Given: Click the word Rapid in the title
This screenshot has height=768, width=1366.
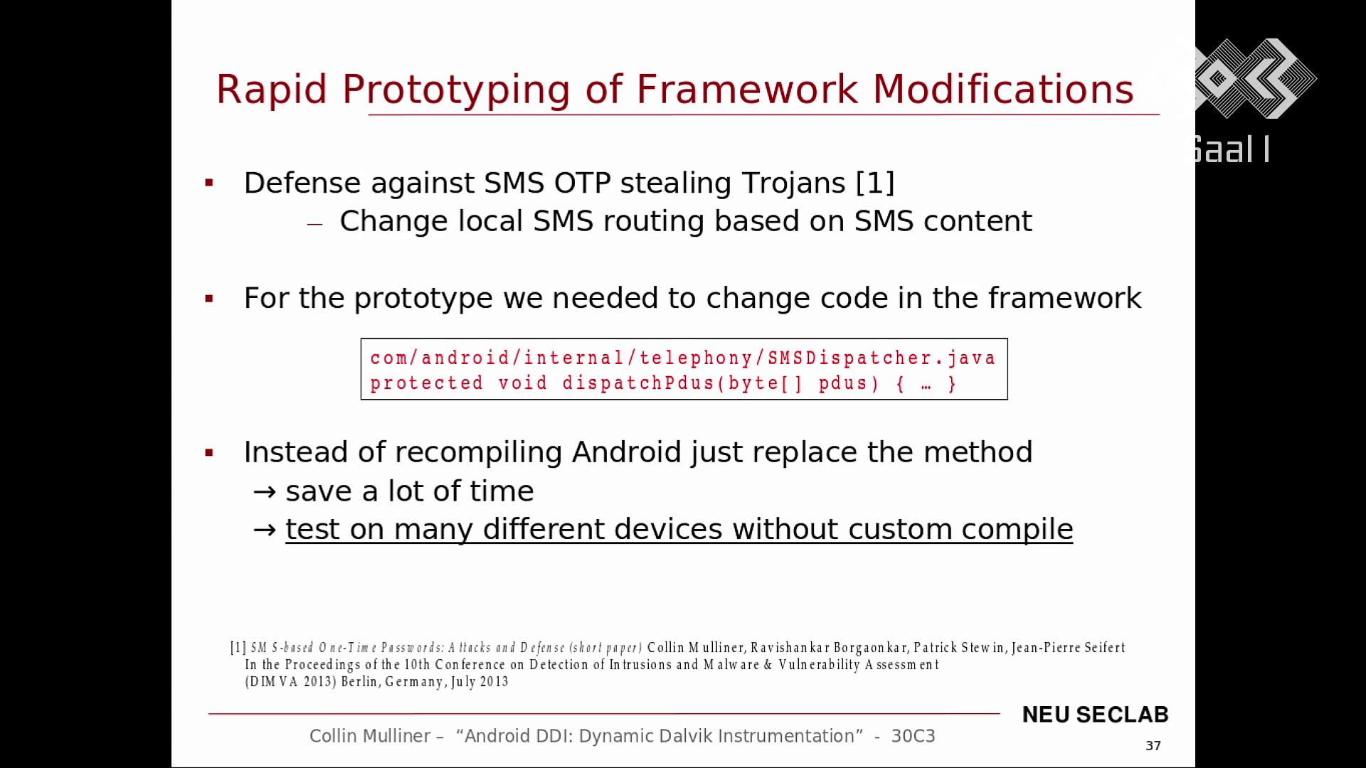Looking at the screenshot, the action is tap(271, 90).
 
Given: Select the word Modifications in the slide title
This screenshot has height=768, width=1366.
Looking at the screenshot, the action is tap(1003, 90).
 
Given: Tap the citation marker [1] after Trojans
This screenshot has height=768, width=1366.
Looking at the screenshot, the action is tap(875, 183).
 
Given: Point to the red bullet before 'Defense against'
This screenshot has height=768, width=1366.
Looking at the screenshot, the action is tap(209, 183).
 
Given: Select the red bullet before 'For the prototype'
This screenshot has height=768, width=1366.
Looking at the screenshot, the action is tap(209, 299).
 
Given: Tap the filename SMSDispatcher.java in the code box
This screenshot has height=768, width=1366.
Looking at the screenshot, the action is tap(881, 358).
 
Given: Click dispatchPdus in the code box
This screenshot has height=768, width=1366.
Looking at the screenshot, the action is tap(639, 383).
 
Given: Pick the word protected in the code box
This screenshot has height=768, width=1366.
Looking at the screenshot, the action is tap(427, 383).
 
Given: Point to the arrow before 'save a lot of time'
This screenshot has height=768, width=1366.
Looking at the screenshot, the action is tap(265, 491).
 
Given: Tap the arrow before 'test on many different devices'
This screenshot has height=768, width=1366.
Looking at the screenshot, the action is tap(265, 530).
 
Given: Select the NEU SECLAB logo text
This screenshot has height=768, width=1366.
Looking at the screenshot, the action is tap(1095, 715).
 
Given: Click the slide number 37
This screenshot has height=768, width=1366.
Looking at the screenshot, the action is tap(1153, 745).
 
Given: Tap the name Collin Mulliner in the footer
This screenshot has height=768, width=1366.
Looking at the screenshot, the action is tap(370, 736).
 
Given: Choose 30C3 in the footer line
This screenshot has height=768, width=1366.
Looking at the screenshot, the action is tap(913, 736).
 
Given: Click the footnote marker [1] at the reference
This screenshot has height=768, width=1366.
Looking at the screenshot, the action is tap(238, 648).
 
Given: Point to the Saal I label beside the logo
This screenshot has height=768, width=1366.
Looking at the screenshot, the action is tap(1232, 150).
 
